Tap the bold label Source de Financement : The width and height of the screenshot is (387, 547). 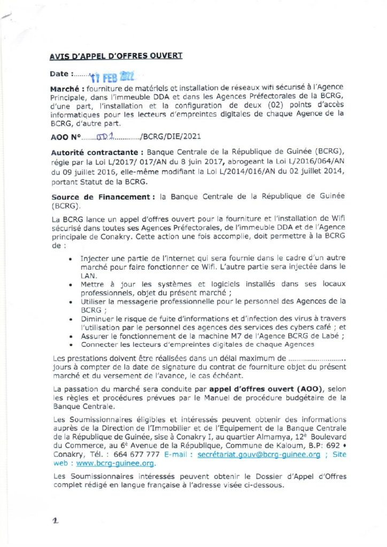[x=102, y=197]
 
